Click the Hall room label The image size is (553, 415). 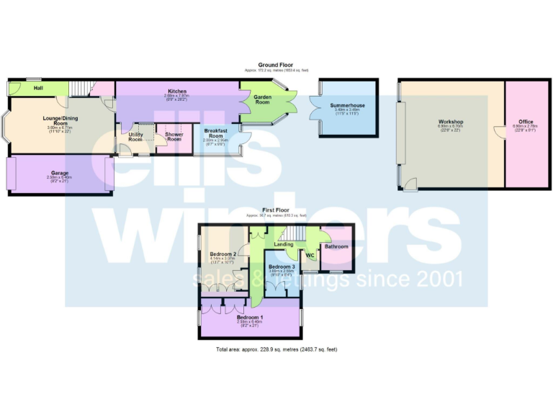pos(39,88)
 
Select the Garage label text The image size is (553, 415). pos(60,173)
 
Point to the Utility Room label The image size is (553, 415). pos(136,137)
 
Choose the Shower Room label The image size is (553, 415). pos(174,137)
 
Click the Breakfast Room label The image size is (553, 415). pos(216,133)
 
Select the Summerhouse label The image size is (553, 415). pos(348,105)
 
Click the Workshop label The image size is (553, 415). pos(451,122)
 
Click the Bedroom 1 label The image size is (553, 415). pos(251,317)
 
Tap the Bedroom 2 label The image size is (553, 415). pos(223,254)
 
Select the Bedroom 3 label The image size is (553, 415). pos(281,267)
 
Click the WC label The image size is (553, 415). pos(310,256)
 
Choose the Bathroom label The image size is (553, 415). pos(336,247)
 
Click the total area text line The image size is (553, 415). pos(276,349)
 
